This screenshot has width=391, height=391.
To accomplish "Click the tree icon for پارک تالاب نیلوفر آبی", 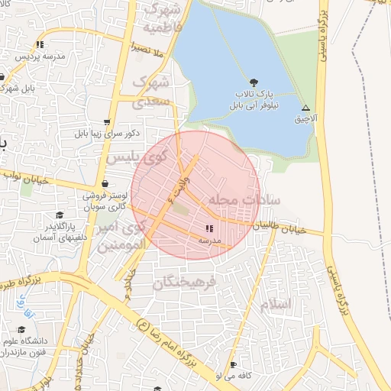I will tap(254, 82).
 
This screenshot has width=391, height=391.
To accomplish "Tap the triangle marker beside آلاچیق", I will tap(305, 108).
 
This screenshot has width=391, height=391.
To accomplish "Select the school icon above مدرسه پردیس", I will tap(40, 44).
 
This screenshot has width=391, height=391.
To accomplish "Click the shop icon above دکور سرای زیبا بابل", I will tap(106, 121).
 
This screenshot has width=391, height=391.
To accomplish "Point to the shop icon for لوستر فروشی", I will tap(105, 184).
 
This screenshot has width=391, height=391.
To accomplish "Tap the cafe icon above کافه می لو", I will tap(233, 365).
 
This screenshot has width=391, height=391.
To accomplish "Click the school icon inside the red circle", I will tap(209, 228).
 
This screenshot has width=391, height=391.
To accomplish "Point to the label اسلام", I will tap(276, 304).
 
